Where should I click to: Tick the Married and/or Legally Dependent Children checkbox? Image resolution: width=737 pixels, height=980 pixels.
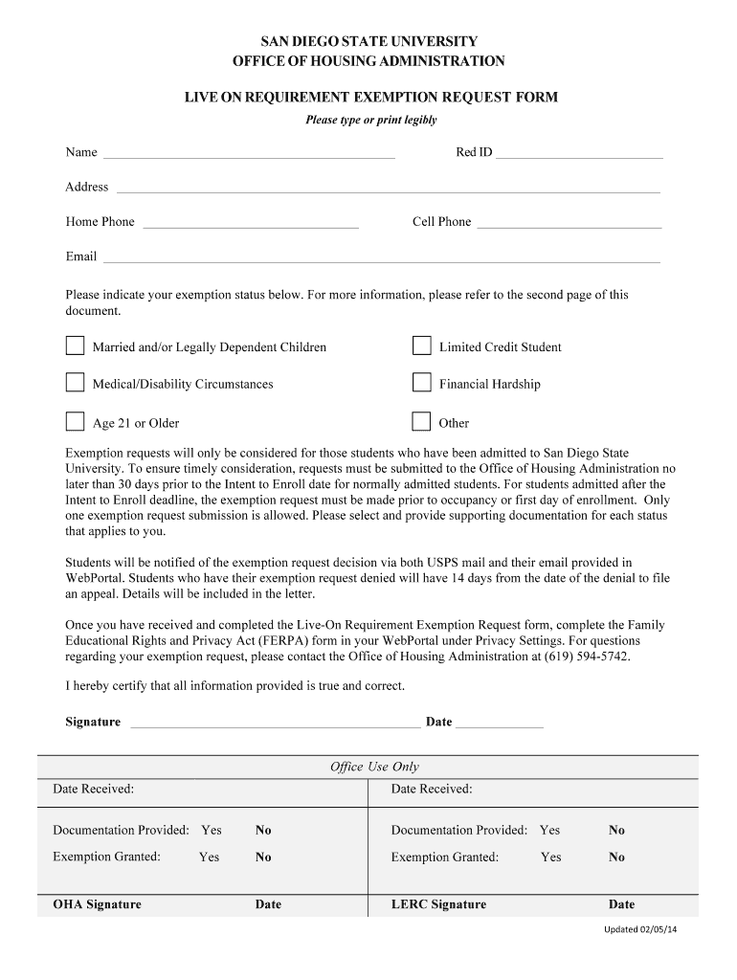75,345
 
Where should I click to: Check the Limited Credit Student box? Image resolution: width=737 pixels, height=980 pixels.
421,345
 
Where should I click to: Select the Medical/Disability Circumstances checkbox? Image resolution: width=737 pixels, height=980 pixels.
75,383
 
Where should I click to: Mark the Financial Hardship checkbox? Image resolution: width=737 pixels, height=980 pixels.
421,383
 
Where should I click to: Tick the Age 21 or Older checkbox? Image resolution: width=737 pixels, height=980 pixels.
75,422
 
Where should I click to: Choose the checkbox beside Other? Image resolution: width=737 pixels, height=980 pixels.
421,422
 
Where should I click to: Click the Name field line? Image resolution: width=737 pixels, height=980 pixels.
249,153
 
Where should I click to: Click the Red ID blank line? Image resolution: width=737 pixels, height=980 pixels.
579,153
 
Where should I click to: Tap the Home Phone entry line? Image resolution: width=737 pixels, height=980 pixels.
250,223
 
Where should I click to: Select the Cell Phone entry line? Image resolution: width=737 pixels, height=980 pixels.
569,223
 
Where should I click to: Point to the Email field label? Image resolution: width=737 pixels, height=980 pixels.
81,256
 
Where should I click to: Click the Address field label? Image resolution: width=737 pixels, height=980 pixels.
87,187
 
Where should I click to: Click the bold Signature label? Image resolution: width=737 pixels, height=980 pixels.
93,722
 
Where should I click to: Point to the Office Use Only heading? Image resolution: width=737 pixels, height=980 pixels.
374,767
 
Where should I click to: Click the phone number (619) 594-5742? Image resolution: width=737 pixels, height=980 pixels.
587,656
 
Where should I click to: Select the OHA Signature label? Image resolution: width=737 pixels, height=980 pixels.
97,904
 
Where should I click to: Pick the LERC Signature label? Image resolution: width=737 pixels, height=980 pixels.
438,904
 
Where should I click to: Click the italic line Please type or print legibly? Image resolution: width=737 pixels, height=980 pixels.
370,120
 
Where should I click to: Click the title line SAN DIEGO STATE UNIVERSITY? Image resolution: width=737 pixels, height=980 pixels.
369,42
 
